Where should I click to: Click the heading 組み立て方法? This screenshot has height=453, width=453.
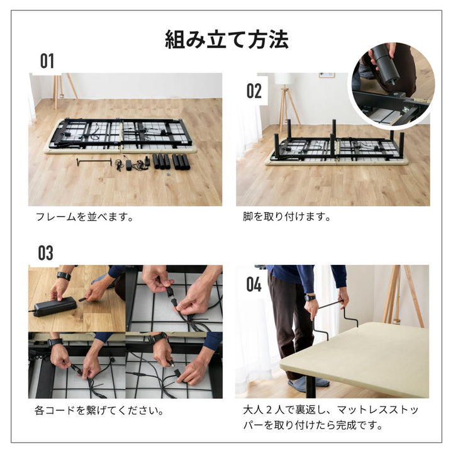pyautogui.click(x=226, y=40)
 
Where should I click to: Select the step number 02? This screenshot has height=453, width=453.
pyautogui.click(x=254, y=91)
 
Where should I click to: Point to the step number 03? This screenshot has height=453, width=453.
pyautogui.click(x=46, y=253)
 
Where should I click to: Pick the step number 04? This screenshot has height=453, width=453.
pyautogui.click(x=254, y=284)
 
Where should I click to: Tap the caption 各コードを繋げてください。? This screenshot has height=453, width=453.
pyautogui.click(x=99, y=411)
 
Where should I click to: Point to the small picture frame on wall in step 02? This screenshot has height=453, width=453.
pyautogui.click(x=327, y=75)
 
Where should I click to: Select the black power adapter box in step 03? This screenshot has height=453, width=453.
pyautogui.click(x=54, y=306)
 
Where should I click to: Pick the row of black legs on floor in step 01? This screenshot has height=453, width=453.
pyautogui.click(x=169, y=161)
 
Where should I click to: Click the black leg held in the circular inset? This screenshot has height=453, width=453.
pyautogui.click(x=383, y=65)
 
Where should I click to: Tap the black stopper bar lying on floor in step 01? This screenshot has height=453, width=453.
pyautogui.click(x=94, y=162)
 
